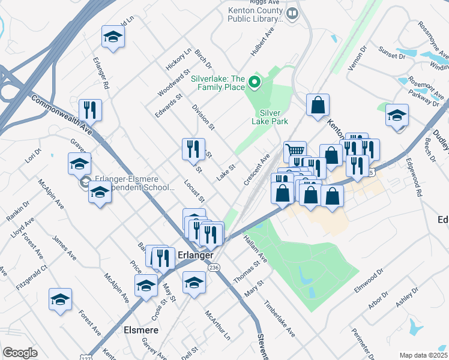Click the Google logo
pos(20,353)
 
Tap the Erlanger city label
pos(196,255)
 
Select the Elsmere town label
pos(140,329)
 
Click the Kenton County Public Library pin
pos(293,13)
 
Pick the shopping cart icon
pos(295,152)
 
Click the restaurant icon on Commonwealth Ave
pos(90,110)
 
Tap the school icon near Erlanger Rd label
pos(113,37)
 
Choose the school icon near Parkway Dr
pos(397,115)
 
